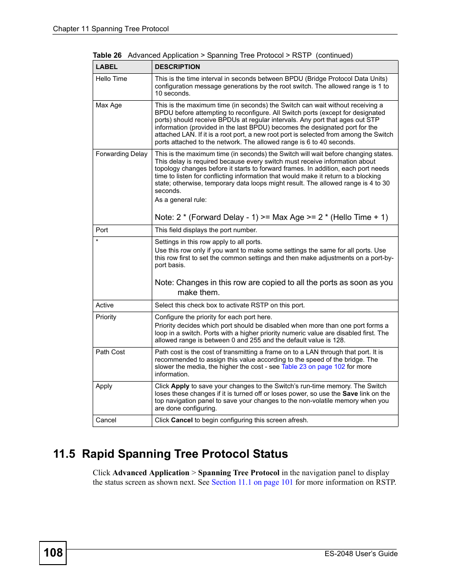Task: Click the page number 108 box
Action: (53, 553)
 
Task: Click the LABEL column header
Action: (107, 67)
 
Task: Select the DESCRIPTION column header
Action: (177, 67)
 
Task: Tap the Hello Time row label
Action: (112, 79)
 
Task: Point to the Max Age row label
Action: (109, 105)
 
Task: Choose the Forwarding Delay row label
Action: (121, 154)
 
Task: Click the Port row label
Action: (102, 230)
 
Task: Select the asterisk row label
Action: (97, 242)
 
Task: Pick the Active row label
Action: (104, 305)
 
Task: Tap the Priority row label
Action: (106, 317)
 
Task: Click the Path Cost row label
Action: (110, 352)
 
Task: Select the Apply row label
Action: (104, 386)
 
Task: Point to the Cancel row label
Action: (106, 420)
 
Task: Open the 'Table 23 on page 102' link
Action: (313, 367)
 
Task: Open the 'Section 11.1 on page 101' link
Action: (252, 482)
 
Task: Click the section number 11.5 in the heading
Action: (64, 454)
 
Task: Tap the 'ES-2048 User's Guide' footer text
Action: (361, 554)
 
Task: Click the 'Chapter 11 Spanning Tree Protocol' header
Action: (111, 29)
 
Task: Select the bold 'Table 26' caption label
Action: (107, 55)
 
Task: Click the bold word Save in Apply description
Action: (350, 394)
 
